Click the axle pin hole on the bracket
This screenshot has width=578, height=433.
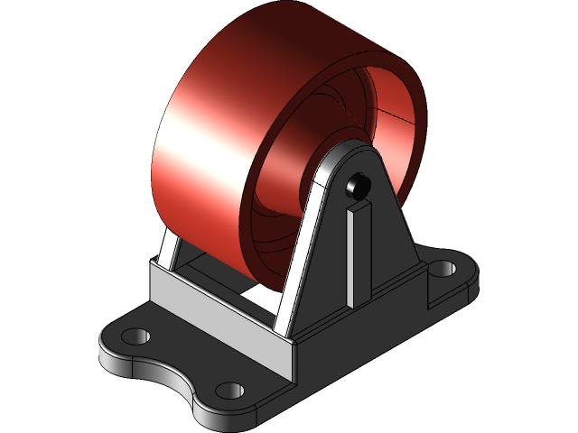(x=358, y=186)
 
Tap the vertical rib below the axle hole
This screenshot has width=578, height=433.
(x=358, y=253)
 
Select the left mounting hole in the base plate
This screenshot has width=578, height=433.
(x=135, y=336)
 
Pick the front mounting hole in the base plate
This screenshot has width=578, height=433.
(x=231, y=390)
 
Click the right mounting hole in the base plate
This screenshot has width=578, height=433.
(x=442, y=269)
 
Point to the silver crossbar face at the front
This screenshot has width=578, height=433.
(x=217, y=307)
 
